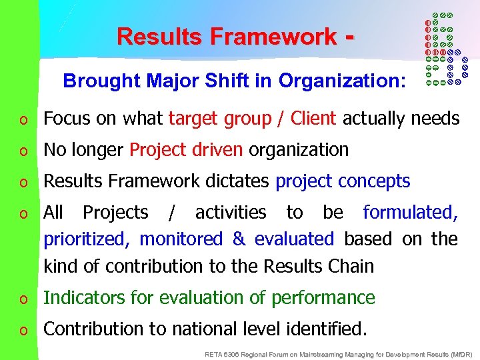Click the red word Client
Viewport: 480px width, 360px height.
pyautogui.click(x=314, y=119)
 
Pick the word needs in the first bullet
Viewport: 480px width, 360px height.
pyautogui.click(x=435, y=119)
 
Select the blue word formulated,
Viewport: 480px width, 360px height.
pyautogui.click(x=410, y=213)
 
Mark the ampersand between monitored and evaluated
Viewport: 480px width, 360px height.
pyautogui.click(x=238, y=239)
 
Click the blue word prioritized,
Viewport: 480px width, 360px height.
pyautogui.click(x=88, y=239)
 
